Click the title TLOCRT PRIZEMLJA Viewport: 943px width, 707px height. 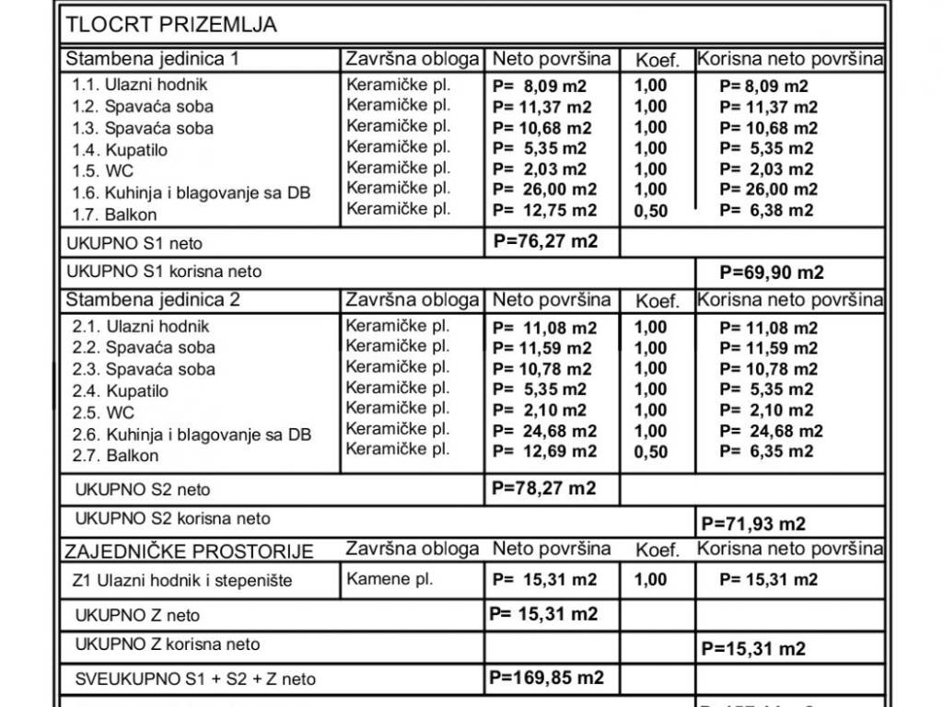point(171,25)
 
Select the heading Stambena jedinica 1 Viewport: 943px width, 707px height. point(153,59)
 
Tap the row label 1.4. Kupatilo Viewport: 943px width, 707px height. point(120,150)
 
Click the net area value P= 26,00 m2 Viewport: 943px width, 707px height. point(544,190)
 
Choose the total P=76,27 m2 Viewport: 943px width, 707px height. point(545,242)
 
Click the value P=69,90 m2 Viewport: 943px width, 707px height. point(772,272)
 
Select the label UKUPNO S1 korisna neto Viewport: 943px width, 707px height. point(164,272)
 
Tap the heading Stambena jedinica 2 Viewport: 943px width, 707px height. point(153,300)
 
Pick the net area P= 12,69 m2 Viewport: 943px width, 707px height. point(544,452)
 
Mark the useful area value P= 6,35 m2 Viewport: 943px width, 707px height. point(766,452)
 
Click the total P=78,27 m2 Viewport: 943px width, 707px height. point(544,488)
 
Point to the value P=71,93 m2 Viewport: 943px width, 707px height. point(753,524)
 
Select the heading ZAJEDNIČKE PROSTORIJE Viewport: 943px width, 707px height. point(189,551)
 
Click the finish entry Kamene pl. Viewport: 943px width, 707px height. point(390,580)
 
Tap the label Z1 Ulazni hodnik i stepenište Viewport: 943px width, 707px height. point(181,582)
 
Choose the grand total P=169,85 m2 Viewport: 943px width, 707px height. point(547,678)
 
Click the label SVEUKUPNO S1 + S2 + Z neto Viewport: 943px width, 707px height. point(195,679)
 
